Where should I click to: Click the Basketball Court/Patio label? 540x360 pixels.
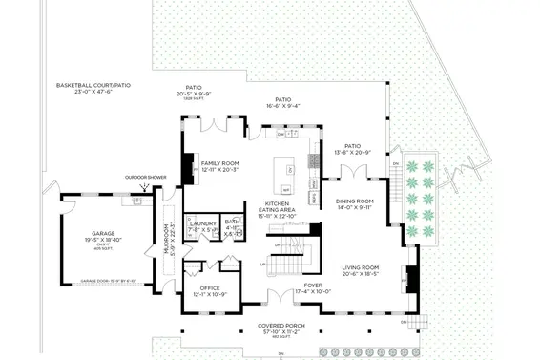pos(93,87)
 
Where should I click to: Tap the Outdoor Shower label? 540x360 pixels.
pos(145,177)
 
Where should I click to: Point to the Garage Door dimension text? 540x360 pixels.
pos(108,282)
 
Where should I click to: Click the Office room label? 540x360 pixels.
pos(210,290)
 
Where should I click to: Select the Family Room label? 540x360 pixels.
pos(219,166)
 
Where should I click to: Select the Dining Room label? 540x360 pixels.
pos(354,203)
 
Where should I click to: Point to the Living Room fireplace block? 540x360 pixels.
pos(413,279)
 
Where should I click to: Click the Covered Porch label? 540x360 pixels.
pos(281,328)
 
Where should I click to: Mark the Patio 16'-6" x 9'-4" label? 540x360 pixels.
pos(282,102)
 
